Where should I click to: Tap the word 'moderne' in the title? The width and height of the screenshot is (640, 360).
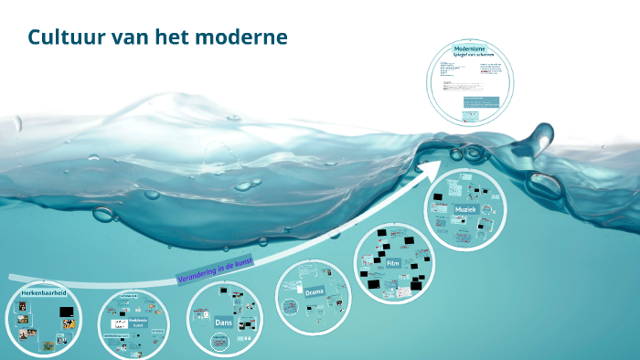248,37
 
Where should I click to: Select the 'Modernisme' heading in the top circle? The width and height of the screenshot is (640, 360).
469,48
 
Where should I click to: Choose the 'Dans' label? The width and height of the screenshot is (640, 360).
224,323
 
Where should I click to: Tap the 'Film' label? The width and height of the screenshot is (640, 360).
393,263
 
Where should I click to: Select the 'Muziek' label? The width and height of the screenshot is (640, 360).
466,210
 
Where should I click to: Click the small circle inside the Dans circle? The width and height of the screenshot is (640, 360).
219,342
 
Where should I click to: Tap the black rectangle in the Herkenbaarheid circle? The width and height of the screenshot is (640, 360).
66,312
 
